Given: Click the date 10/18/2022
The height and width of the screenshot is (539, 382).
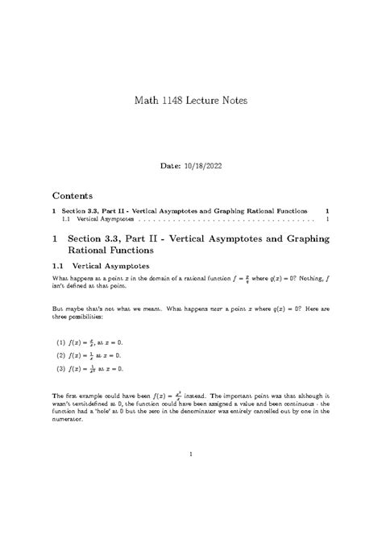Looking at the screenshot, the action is [x=201, y=165].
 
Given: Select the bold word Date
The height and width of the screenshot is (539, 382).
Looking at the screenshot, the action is [x=172, y=165].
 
